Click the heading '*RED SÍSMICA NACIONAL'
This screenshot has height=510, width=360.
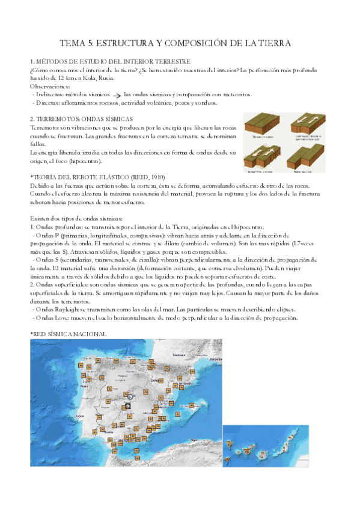(x=68, y=334)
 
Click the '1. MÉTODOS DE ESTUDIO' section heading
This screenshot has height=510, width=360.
(x=110, y=62)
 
